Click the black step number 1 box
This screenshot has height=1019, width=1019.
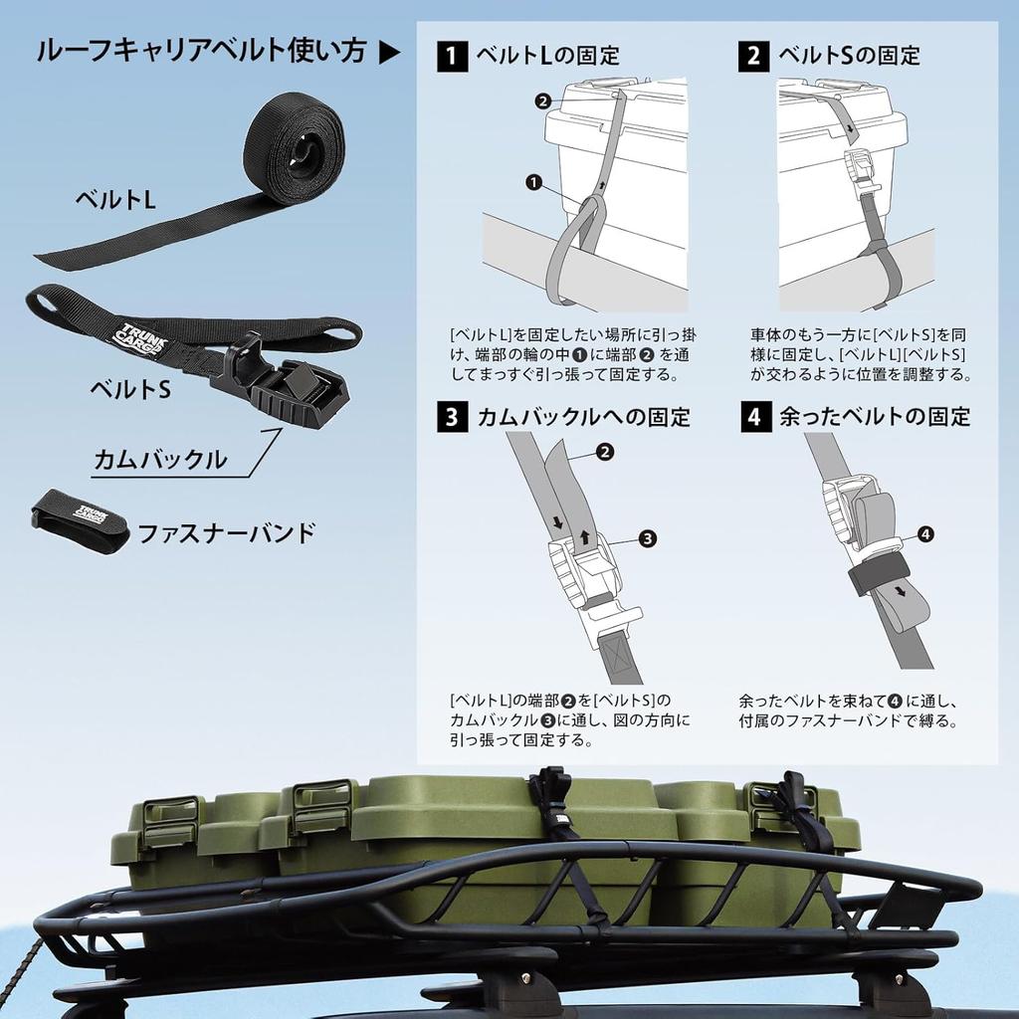(x=453, y=56)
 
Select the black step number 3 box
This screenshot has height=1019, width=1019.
(x=453, y=416)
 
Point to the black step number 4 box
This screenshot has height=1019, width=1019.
(x=753, y=416)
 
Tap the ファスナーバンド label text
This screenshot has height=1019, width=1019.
(x=226, y=533)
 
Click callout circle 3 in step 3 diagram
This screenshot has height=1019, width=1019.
(x=647, y=538)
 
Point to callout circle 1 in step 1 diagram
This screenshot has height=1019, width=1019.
(x=533, y=182)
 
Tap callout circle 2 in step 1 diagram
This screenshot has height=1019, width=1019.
(x=542, y=101)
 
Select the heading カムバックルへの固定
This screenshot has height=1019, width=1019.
(x=583, y=416)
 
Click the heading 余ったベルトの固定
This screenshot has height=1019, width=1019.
(x=875, y=416)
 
